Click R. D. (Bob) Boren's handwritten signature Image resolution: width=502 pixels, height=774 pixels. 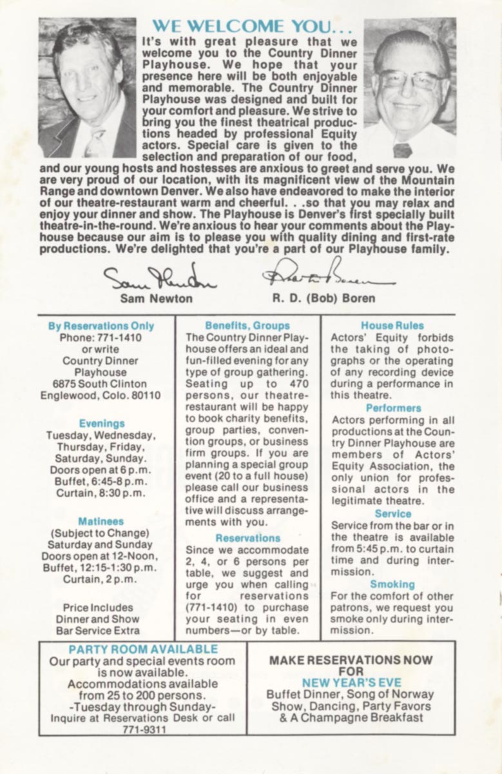point(327,274)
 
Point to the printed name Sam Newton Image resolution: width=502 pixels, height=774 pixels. point(156,299)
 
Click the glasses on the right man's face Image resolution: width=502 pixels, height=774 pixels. point(409,79)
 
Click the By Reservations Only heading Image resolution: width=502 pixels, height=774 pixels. point(101,326)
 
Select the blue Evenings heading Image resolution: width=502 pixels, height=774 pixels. point(101,423)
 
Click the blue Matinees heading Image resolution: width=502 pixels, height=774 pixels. point(101,521)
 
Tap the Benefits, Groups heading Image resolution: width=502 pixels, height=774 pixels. point(247,326)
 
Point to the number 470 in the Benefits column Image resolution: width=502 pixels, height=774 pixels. point(297,384)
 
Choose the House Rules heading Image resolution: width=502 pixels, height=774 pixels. point(392,326)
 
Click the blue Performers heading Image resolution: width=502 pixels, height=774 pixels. point(393,408)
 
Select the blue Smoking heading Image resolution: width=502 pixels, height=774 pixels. point(392,584)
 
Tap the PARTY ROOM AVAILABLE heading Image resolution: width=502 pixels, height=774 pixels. point(143,650)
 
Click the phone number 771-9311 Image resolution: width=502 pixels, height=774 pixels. point(143,729)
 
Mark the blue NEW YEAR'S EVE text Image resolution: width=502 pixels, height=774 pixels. point(351,682)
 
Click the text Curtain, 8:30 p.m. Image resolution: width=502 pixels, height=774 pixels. point(101,493)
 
